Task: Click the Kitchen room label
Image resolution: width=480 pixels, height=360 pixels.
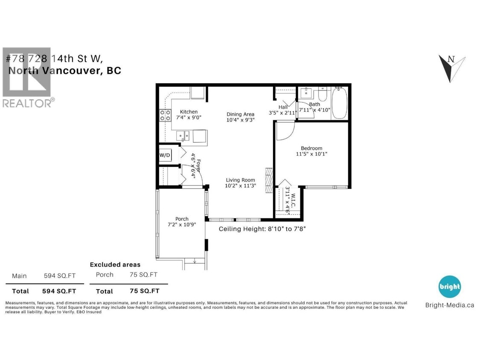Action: coord(189,112)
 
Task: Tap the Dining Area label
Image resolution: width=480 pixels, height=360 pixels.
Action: coord(240,114)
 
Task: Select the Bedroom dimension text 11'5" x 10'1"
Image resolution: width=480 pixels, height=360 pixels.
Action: coord(312,154)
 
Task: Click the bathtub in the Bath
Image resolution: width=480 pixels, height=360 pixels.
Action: coord(340,103)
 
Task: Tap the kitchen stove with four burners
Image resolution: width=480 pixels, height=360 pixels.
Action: coord(165,115)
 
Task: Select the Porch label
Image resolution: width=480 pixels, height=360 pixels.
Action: coord(182,219)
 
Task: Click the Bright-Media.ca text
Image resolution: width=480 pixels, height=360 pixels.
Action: coord(450,305)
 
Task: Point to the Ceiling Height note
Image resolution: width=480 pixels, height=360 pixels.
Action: coord(262,229)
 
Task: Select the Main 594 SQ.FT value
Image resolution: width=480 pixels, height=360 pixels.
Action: coord(60,276)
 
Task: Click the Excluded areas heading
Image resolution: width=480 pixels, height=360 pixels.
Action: coord(115,265)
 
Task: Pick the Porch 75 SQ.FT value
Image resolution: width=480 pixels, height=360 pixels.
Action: coord(143,275)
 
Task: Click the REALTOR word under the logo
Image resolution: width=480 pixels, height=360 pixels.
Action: coord(27,103)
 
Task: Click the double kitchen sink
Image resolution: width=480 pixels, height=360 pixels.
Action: coord(184,136)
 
